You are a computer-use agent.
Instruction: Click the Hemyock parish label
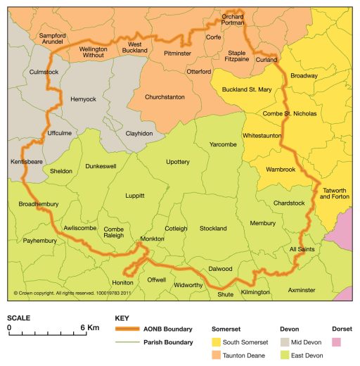pyautogui.click(x=84, y=99)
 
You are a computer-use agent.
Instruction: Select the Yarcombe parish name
pyautogui.click(x=224, y=144)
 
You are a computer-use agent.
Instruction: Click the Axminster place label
pyautogui.click(x=302, y=289)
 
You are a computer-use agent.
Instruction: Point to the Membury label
pyautogui.click(x=263, y=223)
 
